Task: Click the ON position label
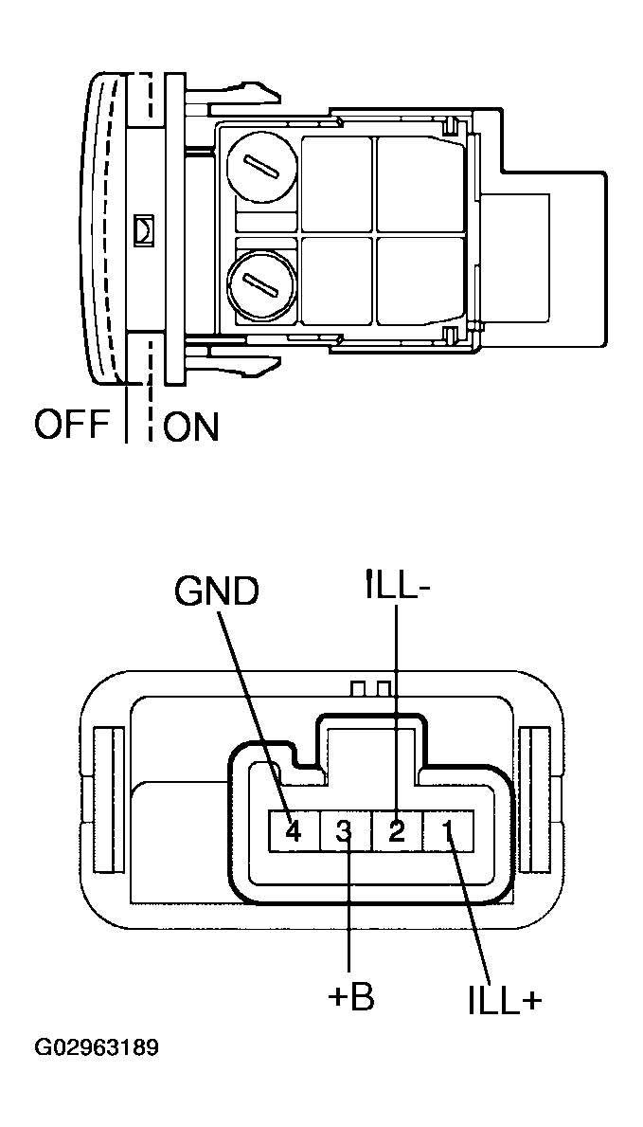(x=191, y=427)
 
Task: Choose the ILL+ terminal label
(x=505, y=1001)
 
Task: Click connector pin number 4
(x=293, y=832)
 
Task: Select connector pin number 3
(x=345, y=832)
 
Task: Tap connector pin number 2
(x=397, y=832)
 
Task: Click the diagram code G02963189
(x=97, y=1048)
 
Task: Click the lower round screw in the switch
(x=260, y=281)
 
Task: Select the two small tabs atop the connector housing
(x=370, y=686)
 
